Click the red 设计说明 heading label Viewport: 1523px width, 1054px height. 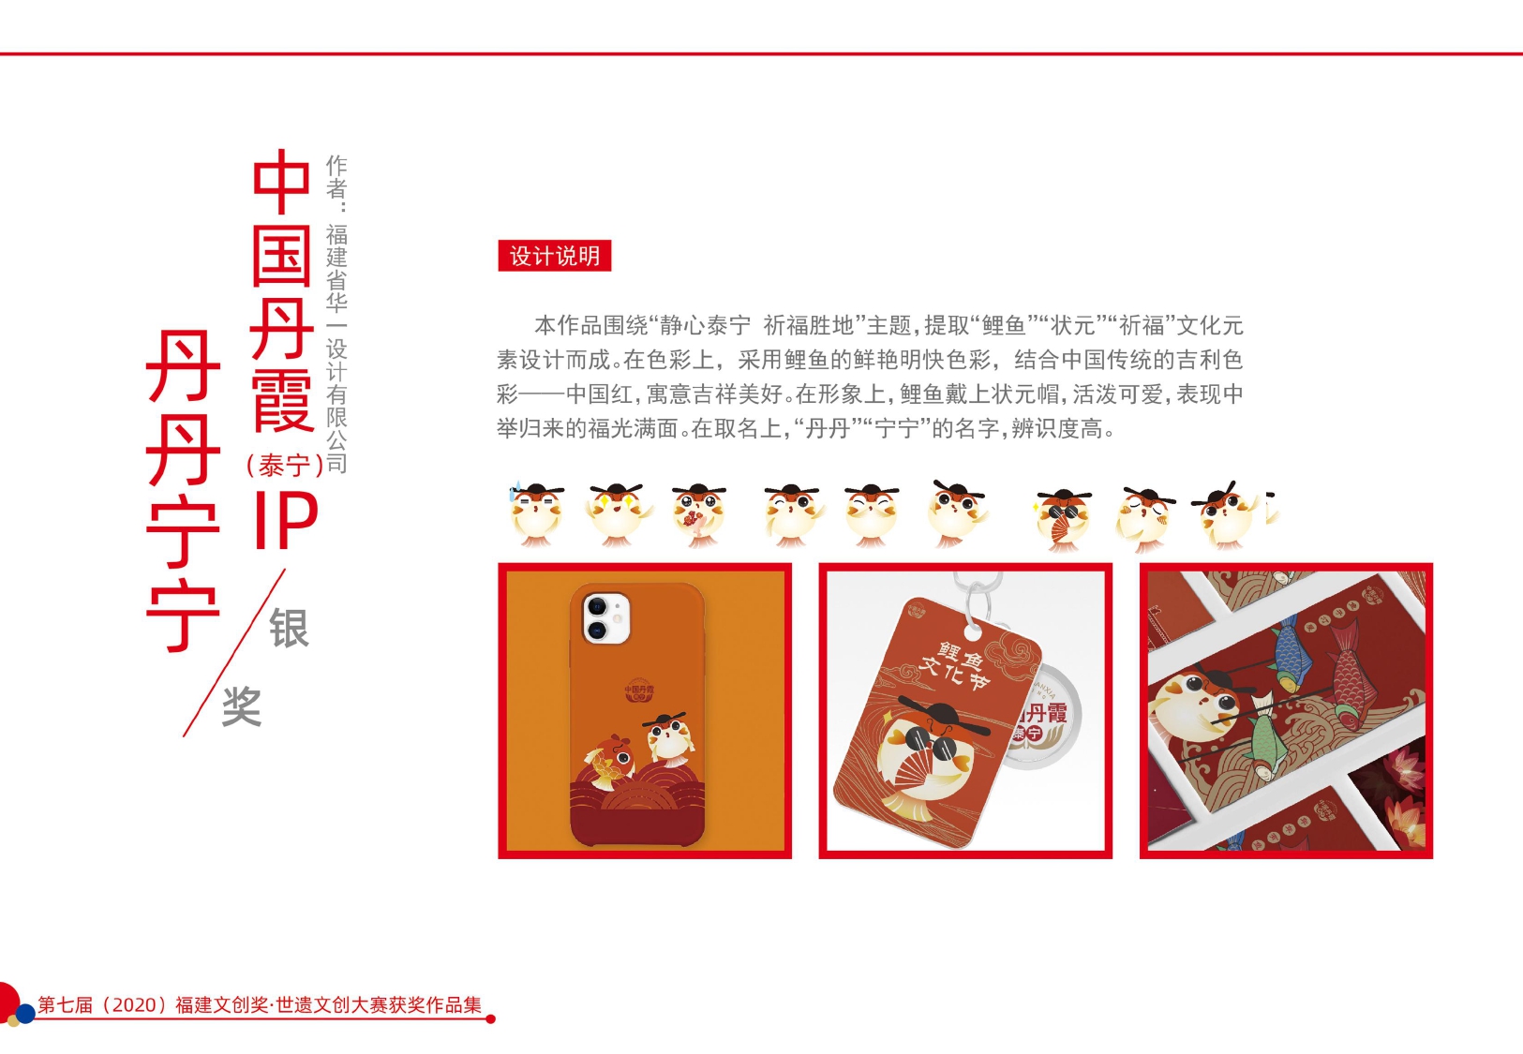pyautogui.click(x=554, y=256)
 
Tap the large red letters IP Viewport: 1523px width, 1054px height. pyautogui.click(x=286, y=519)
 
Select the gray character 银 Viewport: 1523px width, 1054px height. pyautogui.click(x=289, y=627)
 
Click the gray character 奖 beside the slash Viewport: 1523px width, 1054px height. pyautogui.click(x=242, y=706)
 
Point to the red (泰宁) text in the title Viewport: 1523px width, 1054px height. pyautogui.click(x=284, y=465)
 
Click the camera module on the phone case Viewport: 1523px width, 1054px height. pyautogui.click(x=606, y=617)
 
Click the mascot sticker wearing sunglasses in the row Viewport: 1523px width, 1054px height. pyautogui.click(x=1063, y=518)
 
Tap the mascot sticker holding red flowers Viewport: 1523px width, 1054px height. pyautogui.click(x=697, y=514)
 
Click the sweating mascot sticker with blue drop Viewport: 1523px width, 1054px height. pyautogui.click(x=536, y=513)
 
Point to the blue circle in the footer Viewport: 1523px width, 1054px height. pyautogui.click(x=25, y=1013)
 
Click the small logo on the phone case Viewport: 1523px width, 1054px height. pyautogui.click(x=639, y=690)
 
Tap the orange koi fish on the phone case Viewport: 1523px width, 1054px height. pyautogui.click(x=609, y=761)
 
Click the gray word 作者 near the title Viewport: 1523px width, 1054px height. pyautogui.click(x=336, y=176)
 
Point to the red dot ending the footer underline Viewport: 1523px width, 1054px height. pyautogui.click(x=490, y=1018)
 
